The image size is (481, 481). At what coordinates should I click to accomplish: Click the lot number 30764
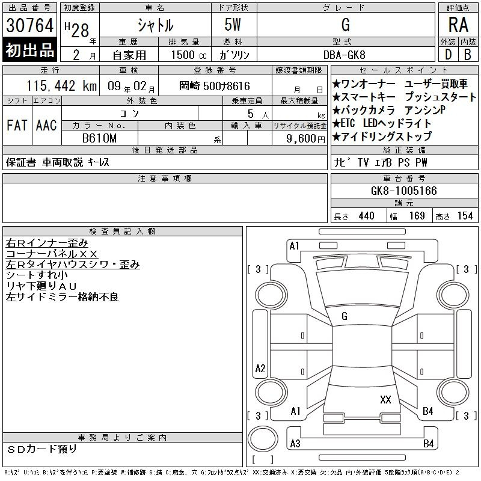coord(29,25)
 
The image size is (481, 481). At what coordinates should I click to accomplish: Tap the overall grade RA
coord(458,25)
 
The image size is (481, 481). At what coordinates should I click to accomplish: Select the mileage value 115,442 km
coord(61,85)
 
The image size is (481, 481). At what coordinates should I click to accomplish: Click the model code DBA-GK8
coord(345,55)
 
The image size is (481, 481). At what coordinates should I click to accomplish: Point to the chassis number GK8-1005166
coord(403,191)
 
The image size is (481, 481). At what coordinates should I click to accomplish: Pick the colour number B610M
coord(99,138)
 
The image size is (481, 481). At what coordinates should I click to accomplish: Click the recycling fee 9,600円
coord(305,139)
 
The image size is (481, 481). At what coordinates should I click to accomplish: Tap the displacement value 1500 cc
coord(189,55)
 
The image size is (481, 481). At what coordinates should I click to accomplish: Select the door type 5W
coord(233,25)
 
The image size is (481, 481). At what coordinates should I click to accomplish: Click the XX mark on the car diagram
coord(385,399)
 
